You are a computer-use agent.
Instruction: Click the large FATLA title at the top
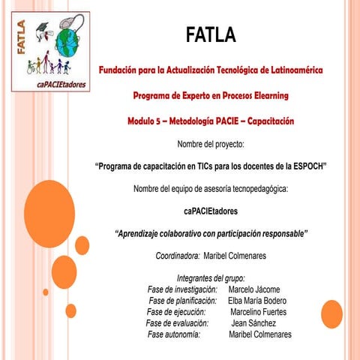(x=210, y=34)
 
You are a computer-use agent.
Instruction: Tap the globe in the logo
(x=68, y=41)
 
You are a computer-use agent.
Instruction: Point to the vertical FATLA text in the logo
(x=21, y=37)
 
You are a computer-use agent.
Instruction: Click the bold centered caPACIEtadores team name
(x=210, y=211)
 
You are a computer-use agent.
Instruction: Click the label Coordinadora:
(x=178, y=256)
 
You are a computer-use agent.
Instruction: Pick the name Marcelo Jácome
(x=253, y=289)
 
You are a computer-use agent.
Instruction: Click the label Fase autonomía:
(x=174, y=334)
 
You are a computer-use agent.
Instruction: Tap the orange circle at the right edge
(x=331, y=312)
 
